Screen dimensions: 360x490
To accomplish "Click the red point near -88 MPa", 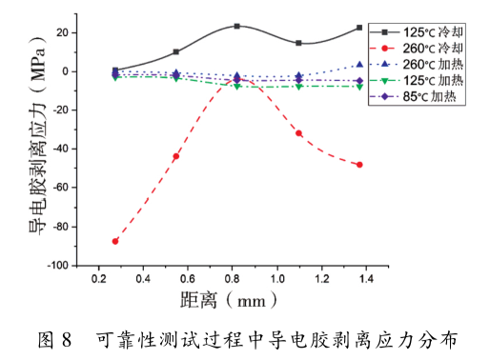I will point(115,241).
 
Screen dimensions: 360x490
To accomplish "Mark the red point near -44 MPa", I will point(176,156).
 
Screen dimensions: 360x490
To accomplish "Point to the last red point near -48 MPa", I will point(359,165).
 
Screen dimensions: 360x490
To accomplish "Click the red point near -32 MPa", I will point(298,133).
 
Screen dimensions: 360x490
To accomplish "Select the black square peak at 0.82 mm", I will point(236,26).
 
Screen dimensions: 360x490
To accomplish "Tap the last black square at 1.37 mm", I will point(359,28).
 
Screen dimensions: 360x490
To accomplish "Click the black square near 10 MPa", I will point(176,51).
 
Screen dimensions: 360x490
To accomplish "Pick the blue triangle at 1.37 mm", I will point(359,65).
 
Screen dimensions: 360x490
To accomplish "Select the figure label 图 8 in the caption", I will point(54,339).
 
